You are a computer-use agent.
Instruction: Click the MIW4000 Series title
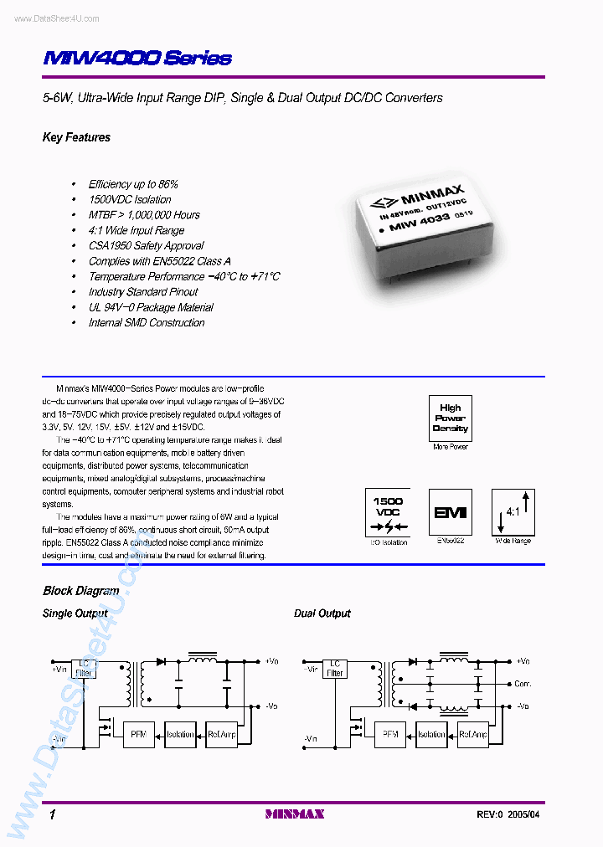[x=137, y=59]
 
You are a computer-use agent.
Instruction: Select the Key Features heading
[x=76, y=137]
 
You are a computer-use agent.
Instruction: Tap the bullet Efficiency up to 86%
[x=133, y=184]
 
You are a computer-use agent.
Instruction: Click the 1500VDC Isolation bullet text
[x=130, y=199]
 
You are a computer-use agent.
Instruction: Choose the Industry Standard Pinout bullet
[x=143, y=292]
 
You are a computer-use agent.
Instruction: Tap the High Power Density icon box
[x=450, y=418]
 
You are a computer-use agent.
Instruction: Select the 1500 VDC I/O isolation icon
[x=388, y=512]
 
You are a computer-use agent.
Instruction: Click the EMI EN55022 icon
[x=450, y=512]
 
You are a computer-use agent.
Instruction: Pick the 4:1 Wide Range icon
[x=513, y=512]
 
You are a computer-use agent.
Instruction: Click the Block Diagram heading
[x=80, y=591]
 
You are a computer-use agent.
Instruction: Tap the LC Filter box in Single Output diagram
[x=84, y=667]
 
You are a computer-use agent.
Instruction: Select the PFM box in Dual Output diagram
[x=389, y=734]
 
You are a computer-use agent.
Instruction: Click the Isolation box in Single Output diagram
[x=180, y=734]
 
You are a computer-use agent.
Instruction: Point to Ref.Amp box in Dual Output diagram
[x=473, y=734]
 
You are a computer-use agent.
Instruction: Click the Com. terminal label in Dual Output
[x=523, y=683]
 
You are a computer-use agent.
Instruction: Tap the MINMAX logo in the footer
[x=294, y=814]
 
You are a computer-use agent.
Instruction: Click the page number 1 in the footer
[x=52, y=814]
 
